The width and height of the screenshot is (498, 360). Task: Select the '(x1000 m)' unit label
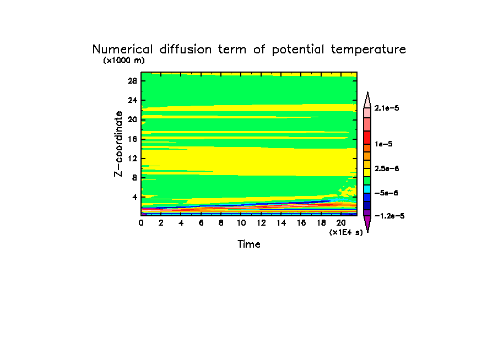(x=123, y=61)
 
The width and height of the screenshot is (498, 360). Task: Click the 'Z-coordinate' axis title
(x=118, y=144)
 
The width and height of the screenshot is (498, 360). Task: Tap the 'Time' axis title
(x=249, y=244)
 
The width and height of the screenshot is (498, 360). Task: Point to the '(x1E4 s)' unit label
(x=346, y=232)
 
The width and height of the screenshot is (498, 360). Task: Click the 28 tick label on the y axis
(x=132, y=80)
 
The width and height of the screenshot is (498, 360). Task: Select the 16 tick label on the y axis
(x=132, y=139)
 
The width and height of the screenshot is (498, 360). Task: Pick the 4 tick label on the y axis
(x=134, y=197)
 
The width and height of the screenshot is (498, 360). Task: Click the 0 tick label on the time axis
(x=142, y=223)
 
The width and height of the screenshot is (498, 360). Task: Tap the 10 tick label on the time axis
(x=241, y=223)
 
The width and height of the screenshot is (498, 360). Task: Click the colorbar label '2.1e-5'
(x=387, y=108)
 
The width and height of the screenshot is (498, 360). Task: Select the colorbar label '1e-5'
(x=383, y=144)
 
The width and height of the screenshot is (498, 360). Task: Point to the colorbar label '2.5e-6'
(x=387, y=168)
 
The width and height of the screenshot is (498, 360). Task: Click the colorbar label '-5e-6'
(x=386, y=193)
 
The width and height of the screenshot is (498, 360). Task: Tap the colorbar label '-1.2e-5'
(x=389, y=216)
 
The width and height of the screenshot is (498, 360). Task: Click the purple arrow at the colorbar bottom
(x=367, y=223)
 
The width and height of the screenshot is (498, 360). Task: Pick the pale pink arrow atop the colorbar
(x=367, y=100)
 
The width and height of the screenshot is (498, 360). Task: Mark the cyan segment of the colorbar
(x=367, y=189)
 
